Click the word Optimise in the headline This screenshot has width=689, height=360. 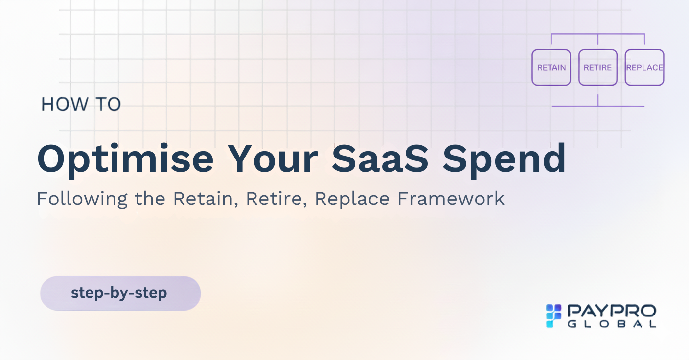126,159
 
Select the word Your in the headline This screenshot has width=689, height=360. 273,158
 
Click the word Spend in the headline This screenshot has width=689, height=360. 504,159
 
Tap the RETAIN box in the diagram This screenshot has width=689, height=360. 551,67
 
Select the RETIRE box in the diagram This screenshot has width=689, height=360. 598,67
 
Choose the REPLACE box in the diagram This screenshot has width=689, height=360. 644,67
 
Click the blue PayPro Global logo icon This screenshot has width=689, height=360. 553,315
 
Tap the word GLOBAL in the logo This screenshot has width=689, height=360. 612,324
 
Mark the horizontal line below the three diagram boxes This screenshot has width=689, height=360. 598,106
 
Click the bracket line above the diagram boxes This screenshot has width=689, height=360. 598,34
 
